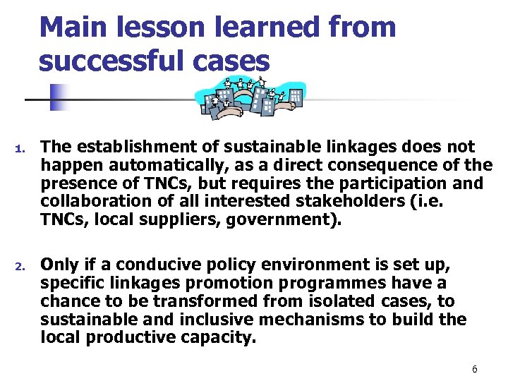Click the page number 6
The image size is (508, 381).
[475, 370]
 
